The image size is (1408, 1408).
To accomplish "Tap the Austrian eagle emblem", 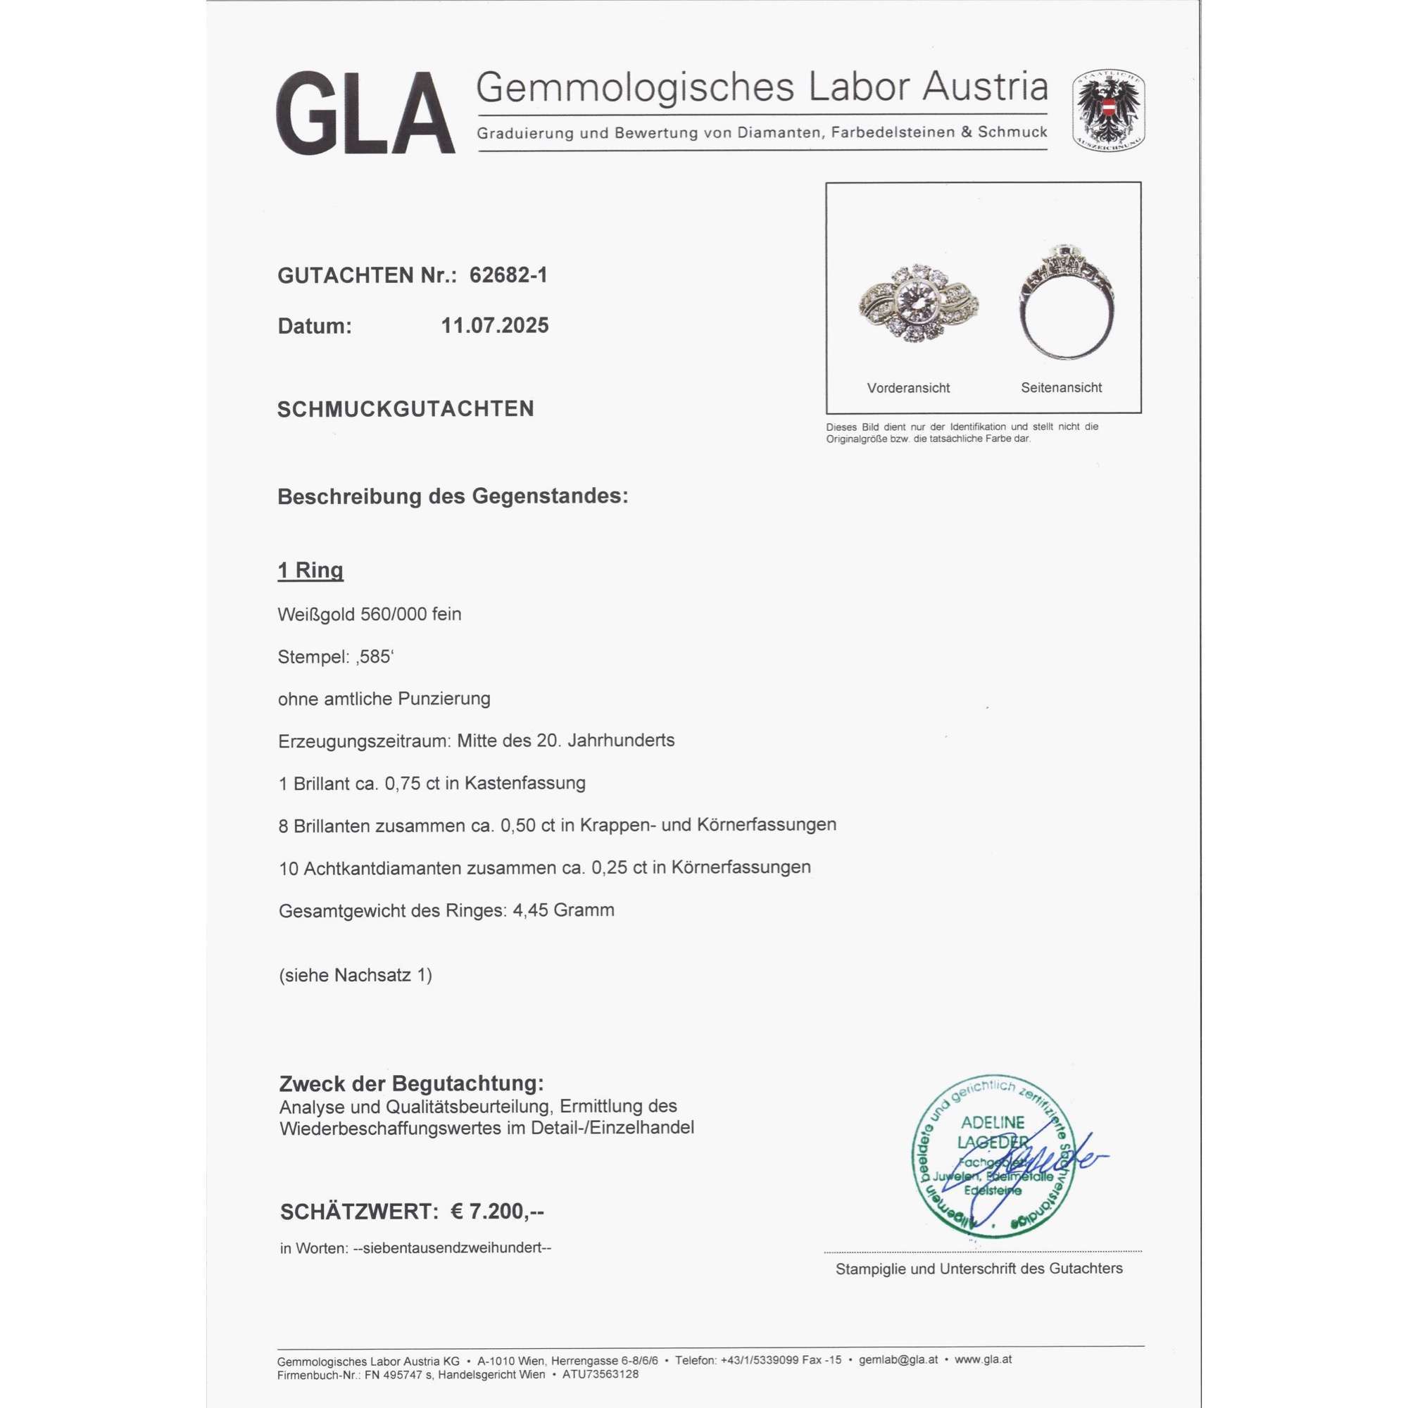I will pyautogui.click(x=1107, y=111).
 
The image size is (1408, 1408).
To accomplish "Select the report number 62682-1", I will pyautogui.click(x=508, y=275).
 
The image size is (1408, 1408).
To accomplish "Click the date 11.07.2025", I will pyautogui.click(x=495, y=325).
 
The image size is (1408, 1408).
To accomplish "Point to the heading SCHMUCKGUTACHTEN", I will pyautogui.click(x=406, y=409).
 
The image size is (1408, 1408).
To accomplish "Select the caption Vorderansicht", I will pyautogui.click(x=908, y=388).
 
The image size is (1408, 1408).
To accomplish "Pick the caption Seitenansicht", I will pyautogui.click(x=1061, y=388).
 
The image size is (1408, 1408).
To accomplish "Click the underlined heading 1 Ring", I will pyautogui.click(x=310, y=570).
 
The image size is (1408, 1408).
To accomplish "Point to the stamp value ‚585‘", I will pyautogui.click(x=374, y=657).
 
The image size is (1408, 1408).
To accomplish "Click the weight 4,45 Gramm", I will pyautogui.click(x=563, y=910).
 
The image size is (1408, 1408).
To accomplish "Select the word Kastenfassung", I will pyautogui.click(x=524, y=784).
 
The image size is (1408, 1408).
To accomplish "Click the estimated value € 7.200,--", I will pyautogui.click(x=497, y=1211).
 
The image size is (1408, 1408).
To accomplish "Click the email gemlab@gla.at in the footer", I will pyautogui.click(x=898, y=1360).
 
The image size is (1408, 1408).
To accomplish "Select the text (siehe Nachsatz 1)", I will pyautogui.click(x=355, y=975).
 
